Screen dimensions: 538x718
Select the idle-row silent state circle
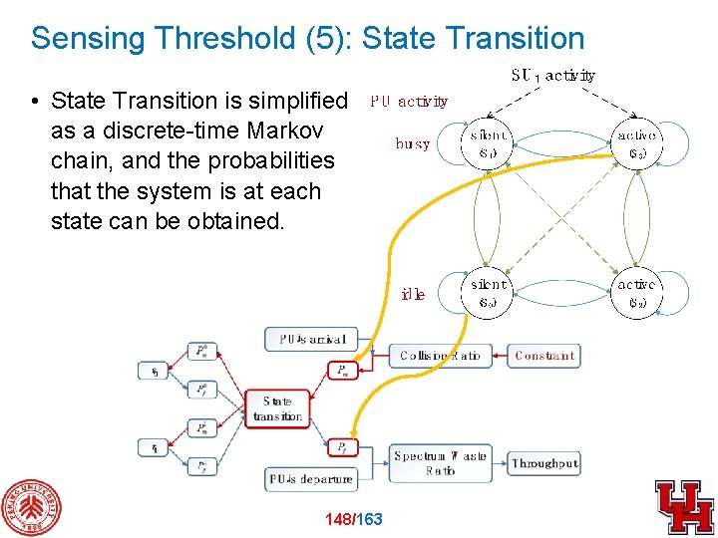coord(489,293)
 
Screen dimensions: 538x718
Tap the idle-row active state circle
coord(636,293)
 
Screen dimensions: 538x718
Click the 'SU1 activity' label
coord(553,75)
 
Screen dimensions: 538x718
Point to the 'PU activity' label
coord(409,101)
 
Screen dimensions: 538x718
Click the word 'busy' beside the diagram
coord(413,143)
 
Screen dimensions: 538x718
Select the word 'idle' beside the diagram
coord(413,294)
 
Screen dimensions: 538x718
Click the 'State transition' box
coord(277,408)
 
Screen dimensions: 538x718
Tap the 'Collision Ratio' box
coord(441,356)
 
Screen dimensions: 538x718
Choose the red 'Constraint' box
coord(544,356)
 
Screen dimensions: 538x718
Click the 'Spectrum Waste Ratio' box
coord(440,463)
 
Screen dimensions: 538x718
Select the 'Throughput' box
coord(544,463)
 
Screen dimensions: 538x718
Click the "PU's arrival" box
coord(311,339)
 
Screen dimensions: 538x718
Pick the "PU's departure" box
coord(311,479)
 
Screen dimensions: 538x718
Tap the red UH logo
coord(685,506)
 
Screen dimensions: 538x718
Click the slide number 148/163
coord(353,519)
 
